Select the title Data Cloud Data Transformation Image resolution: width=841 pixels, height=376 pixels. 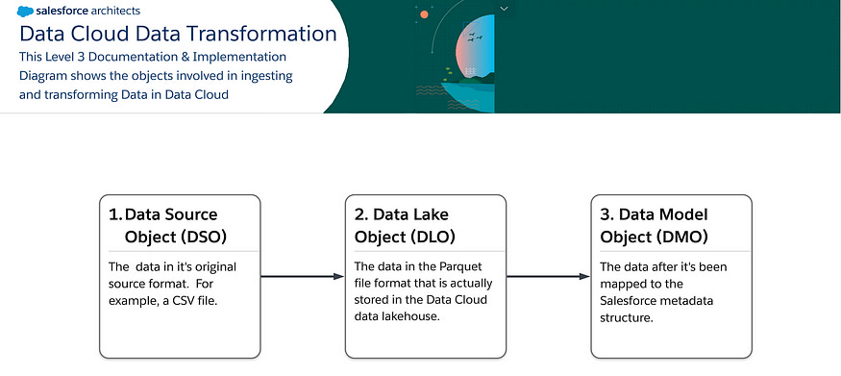[178, 34]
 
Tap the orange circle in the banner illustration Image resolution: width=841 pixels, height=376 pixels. [424, 14]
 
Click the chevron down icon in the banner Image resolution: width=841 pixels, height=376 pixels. [503, 8]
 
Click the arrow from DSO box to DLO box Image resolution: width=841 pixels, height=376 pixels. [302, 277]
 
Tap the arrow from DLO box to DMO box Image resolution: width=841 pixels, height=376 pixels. [547, 277]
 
